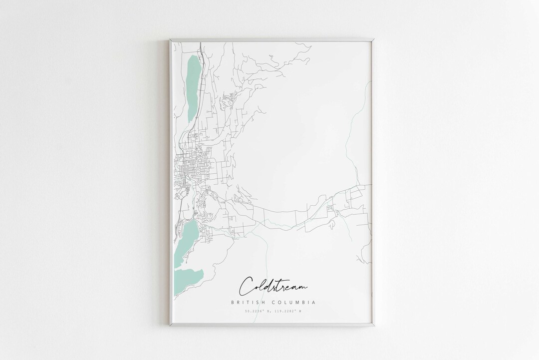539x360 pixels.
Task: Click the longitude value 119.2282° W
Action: [x=287, y=312]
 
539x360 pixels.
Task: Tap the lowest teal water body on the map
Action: [x=189, y=277]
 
